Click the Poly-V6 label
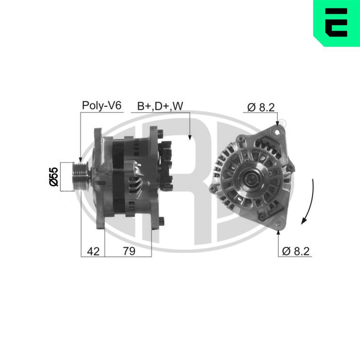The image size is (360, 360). [102, 105]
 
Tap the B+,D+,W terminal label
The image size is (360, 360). [160, 106]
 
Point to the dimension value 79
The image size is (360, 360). [129, 251]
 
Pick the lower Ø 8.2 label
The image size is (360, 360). [296, 251]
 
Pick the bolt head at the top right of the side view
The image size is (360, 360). [161, 133]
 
